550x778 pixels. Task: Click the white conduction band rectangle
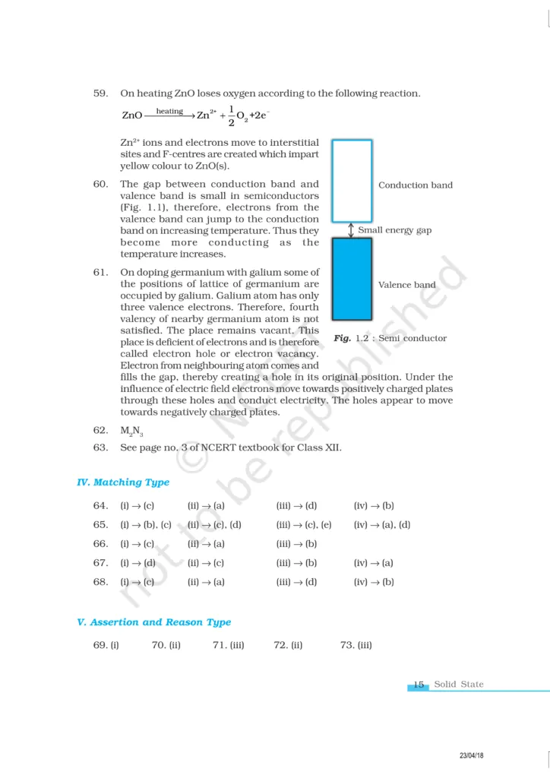tap(352, 181)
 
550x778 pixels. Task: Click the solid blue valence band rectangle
tap(352, 279)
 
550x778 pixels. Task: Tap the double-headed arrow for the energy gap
tap(352, 230)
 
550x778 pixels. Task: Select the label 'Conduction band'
tap(415, 185)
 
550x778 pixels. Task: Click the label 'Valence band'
tap(407, 285)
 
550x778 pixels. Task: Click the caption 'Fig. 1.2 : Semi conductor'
tap(390, 338)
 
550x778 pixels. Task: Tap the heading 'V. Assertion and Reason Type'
tap(154, 622)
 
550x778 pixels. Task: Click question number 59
tap(100, 93)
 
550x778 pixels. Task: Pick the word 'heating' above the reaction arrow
tap(169, 112)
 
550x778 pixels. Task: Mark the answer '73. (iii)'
tap(356, 646)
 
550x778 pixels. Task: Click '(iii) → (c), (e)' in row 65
tap(304, 524)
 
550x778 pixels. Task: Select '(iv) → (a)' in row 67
tap(374, 563)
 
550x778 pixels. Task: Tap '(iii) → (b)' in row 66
tap(296, 544)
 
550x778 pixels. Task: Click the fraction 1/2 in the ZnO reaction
tap(231, 116)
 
